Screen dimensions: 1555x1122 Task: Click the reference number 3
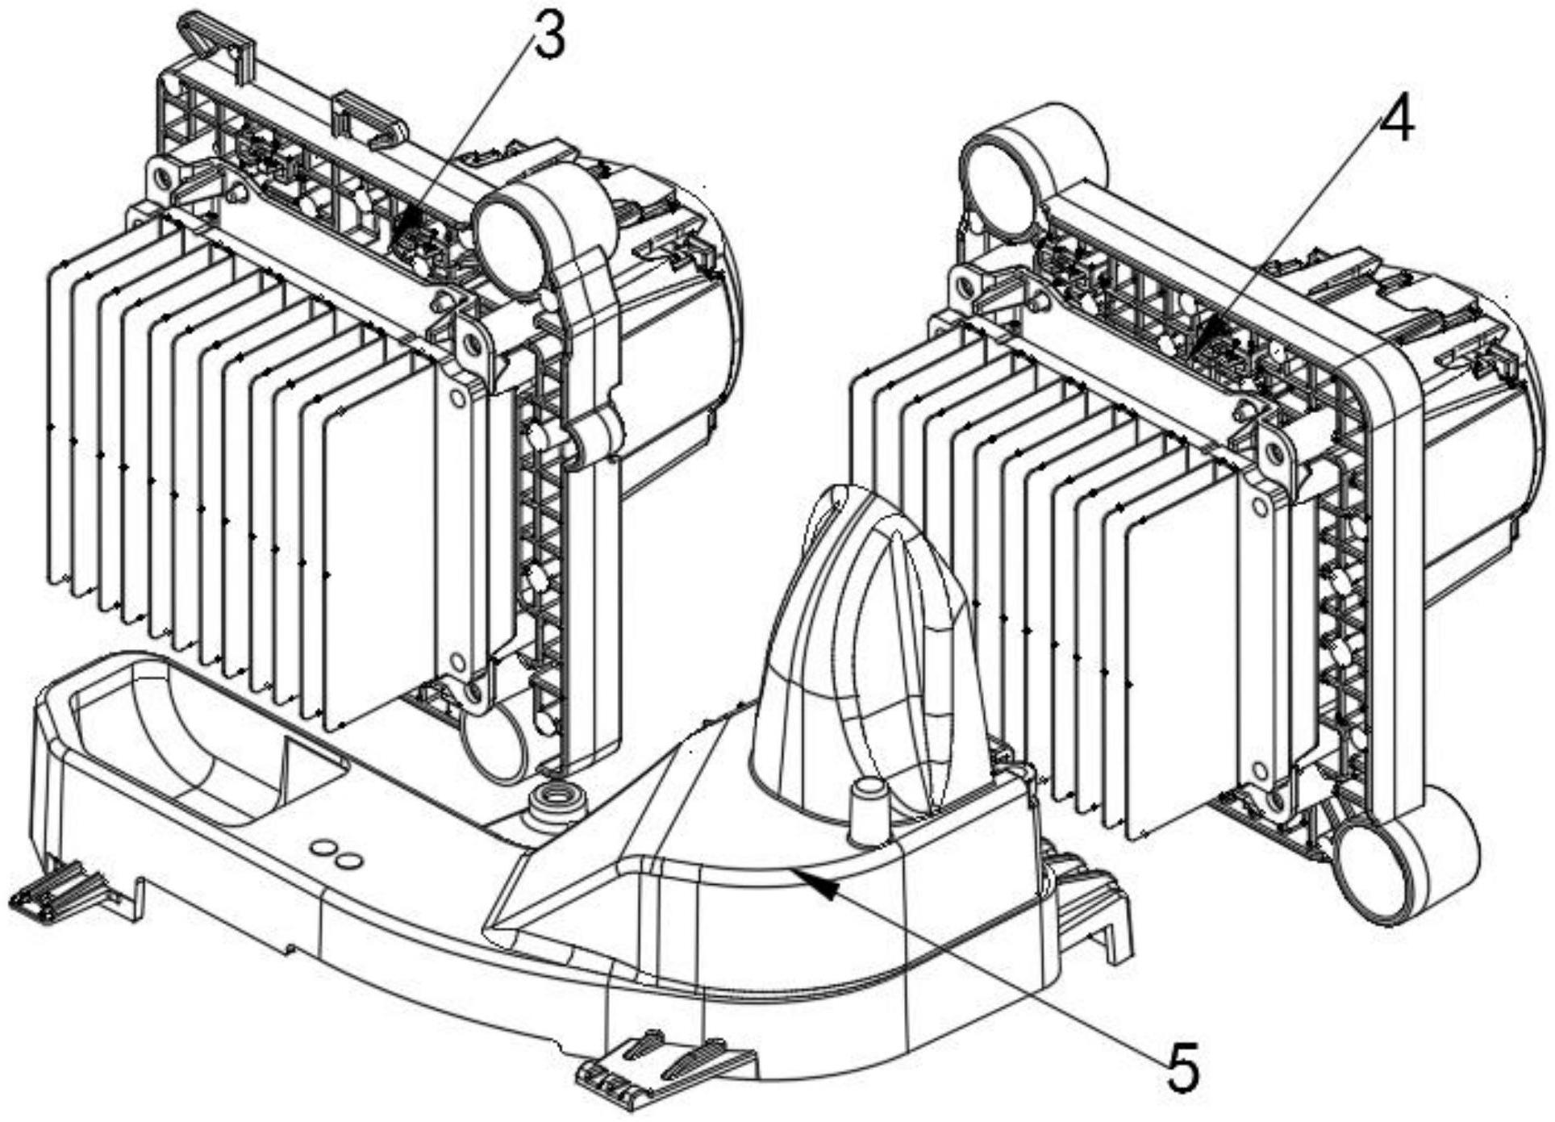coord(550,38)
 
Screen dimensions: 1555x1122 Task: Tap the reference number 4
coord(1396,123)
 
